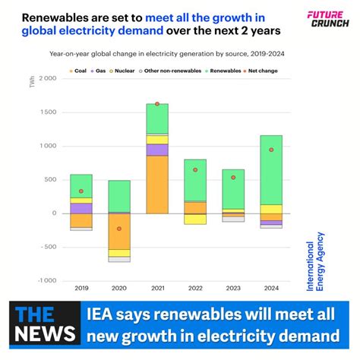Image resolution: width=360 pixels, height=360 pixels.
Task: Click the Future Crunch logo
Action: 327,18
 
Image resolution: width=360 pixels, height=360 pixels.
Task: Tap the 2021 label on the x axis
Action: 157,289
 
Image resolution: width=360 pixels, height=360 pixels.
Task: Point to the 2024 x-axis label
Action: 271,289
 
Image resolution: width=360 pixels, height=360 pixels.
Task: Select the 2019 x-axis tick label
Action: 81,289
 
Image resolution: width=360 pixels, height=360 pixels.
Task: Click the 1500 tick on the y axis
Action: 48,112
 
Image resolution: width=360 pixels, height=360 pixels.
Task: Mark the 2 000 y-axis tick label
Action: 47,79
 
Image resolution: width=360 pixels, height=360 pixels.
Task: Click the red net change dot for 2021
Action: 157,104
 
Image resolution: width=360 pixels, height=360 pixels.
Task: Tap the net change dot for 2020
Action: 119,228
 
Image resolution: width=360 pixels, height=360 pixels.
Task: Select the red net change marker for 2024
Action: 271,150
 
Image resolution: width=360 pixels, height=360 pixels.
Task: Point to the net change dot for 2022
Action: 195,170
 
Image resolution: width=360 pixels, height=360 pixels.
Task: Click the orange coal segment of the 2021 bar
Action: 157,185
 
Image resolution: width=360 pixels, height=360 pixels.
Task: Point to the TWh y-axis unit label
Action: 32,82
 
